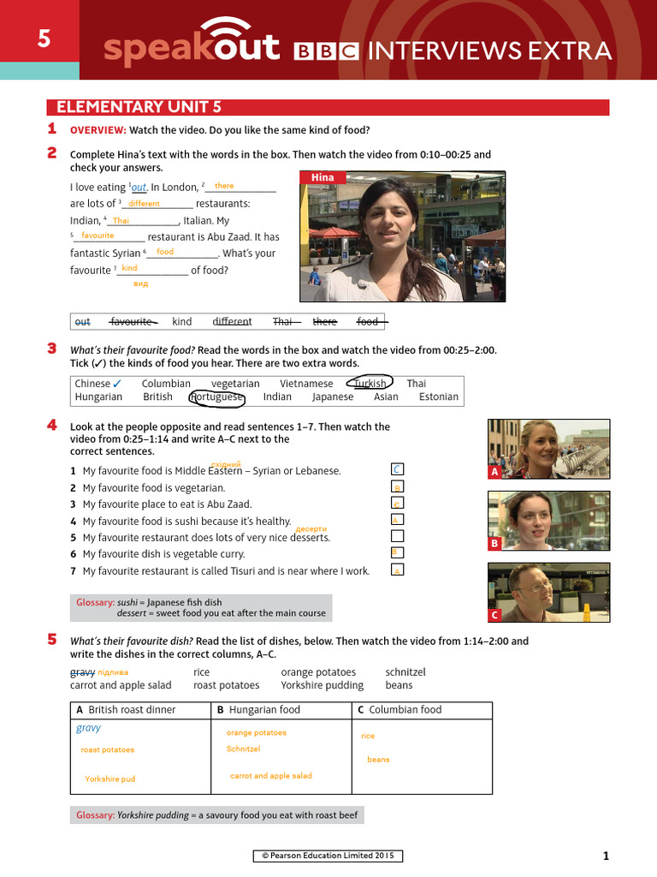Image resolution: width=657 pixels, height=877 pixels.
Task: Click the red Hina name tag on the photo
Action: pos(323,178)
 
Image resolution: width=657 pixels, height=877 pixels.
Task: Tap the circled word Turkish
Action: pos(370,384)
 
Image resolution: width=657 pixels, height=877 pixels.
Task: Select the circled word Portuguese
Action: pos(217,397)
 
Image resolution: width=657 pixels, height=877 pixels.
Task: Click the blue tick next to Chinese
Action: pos(117,384)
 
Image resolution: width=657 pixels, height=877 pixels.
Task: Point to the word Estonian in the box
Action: pos(438,397)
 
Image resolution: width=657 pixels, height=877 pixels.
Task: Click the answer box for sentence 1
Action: pos(396,469)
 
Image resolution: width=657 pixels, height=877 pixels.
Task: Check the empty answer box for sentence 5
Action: pos(396,536)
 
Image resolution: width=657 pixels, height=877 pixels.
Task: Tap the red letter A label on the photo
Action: pos(494,472)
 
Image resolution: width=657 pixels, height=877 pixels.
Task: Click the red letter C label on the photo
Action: pos(494,615)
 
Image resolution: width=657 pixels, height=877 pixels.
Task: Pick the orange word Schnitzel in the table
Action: pos(243,749)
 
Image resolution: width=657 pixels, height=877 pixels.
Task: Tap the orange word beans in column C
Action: pos(378,760)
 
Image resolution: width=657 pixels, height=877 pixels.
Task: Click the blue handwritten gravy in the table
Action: pos(88,729)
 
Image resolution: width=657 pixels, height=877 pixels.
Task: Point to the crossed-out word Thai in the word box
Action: pos(282,322)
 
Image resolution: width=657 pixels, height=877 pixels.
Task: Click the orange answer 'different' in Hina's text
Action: pos(144,204)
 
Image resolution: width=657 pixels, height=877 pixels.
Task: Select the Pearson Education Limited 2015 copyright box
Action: pos(328,856)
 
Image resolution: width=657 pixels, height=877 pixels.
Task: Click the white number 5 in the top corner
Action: pos(43,39)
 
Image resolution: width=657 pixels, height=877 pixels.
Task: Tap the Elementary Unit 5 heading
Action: pos(139,107)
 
